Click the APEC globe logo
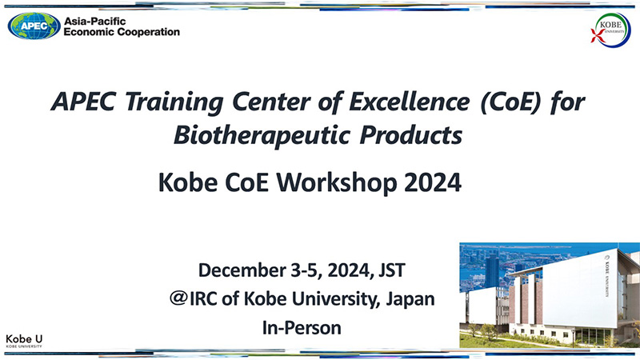[x=34, y=26]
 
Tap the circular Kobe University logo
[x=611, y=30]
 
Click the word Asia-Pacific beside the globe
[x=94, y=22]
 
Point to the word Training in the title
[x=174, y=102]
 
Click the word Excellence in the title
[x=409, y=102]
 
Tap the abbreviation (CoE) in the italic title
[x=510, y=102]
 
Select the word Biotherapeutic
[x=262, y=135]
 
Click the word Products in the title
[x=410, y=135]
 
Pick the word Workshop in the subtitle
[x=337, y=182]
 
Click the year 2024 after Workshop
[x=433, y=182]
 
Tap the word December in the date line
[x=242, y=270]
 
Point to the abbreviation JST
[x=392, y=270]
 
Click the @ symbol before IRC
[x=178, y=298]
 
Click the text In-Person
[x=302, y=328]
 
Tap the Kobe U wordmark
[x=24, y=341]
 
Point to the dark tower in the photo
[x=492, y=270]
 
